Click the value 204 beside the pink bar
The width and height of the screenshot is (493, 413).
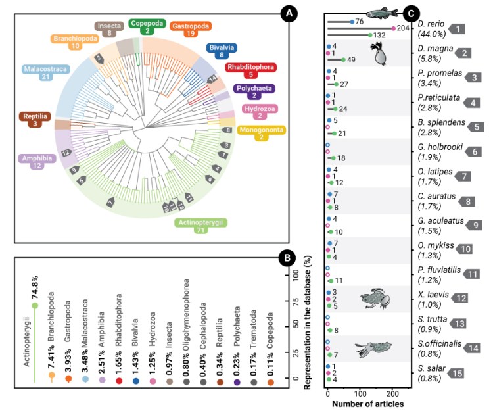[x=404, y=28]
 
